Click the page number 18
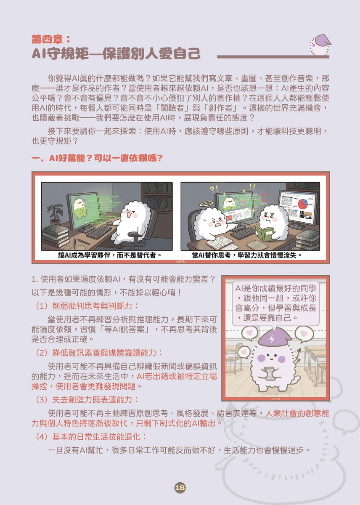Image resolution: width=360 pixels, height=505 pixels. click(180, 487)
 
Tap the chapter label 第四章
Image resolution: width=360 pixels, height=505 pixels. click(50, 39)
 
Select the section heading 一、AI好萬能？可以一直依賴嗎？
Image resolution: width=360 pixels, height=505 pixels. click(97, 158)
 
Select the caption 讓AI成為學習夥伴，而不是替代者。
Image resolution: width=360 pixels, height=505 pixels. click(110, 255)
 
